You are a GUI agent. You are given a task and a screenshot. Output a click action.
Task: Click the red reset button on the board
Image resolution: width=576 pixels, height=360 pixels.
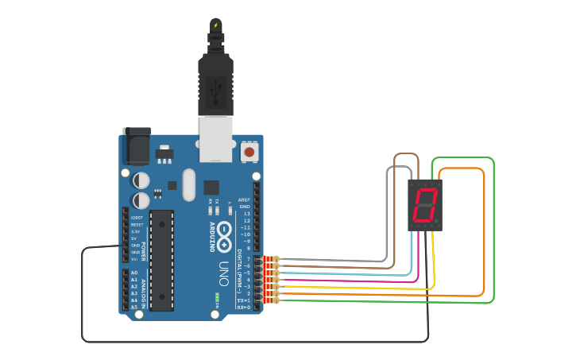(x=249, y=151)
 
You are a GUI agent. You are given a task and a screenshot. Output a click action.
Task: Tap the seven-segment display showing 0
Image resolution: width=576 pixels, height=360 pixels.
(x=425, y=205)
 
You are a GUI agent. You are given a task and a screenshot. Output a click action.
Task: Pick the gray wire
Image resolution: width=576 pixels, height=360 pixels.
(x=387, y=223)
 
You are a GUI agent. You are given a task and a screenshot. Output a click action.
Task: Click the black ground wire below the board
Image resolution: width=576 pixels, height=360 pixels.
(x=238, y=342)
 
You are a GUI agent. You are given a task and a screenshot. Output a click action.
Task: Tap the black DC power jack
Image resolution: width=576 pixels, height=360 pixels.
(x=136, y=146)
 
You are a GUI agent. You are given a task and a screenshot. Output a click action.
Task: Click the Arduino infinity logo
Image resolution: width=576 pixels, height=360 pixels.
(x=223, y=232)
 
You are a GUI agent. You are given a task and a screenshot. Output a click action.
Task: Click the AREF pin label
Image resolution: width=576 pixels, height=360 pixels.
(x=244, y=200)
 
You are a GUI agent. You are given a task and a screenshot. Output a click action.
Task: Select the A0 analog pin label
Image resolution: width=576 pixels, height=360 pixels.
(x=134, y=273)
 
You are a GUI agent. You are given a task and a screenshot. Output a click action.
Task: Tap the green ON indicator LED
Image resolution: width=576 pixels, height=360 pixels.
(x=216, y=299)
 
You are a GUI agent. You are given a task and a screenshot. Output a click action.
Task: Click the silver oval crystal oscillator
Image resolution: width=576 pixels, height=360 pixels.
(x=188, y=184)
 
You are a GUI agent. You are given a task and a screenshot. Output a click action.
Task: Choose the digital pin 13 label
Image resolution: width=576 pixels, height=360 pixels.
(x=245, y=214)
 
